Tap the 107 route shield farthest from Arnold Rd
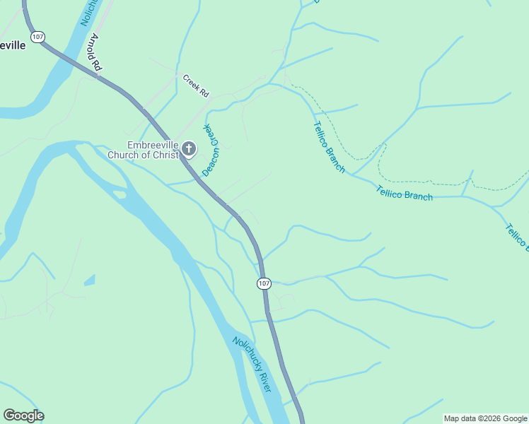coord(263,283)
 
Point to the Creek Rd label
coord(196,86)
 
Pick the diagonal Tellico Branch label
coord(329,147)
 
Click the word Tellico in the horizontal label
coord(389,191)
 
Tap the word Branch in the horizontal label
coord(419,196)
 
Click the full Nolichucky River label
coord(252,365)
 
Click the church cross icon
coord(189,148)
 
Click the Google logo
coord(23,416)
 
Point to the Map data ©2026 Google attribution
coord(485,418)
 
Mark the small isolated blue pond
coord(89,281)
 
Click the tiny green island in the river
coord(120,194)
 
